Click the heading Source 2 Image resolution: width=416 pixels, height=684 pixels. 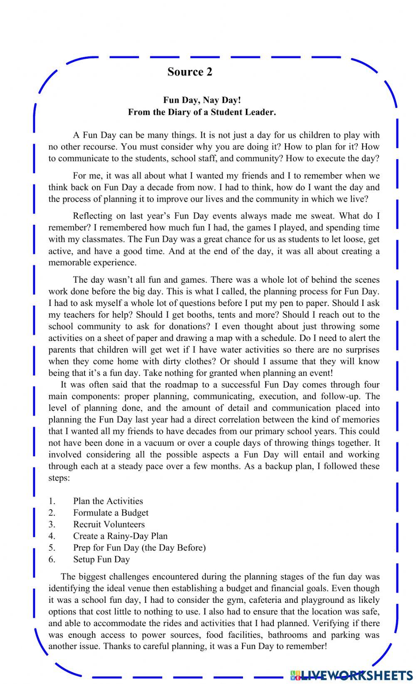coord(190,72)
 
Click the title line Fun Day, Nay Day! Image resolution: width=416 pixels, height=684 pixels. coord(202,100)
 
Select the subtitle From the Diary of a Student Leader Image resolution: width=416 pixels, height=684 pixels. coord(202,112)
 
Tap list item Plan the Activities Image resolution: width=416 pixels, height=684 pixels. coord(108,501)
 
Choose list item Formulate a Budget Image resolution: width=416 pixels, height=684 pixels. coord(111,513)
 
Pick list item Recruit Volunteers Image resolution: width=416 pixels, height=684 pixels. coord(109,525)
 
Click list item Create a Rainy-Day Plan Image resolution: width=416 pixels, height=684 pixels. coord(120,536)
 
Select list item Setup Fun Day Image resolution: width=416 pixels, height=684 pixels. coord(102,560)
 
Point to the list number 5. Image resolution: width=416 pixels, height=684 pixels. coord(52,548)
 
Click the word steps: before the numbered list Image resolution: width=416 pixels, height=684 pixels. coord(59,478)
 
